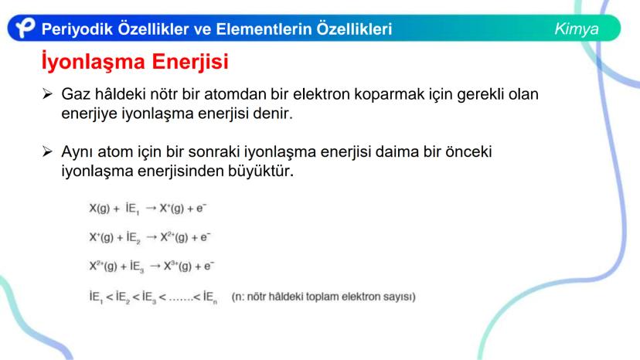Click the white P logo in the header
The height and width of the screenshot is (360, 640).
pos(26,29)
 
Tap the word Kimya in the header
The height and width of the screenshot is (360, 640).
pos(576,29)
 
